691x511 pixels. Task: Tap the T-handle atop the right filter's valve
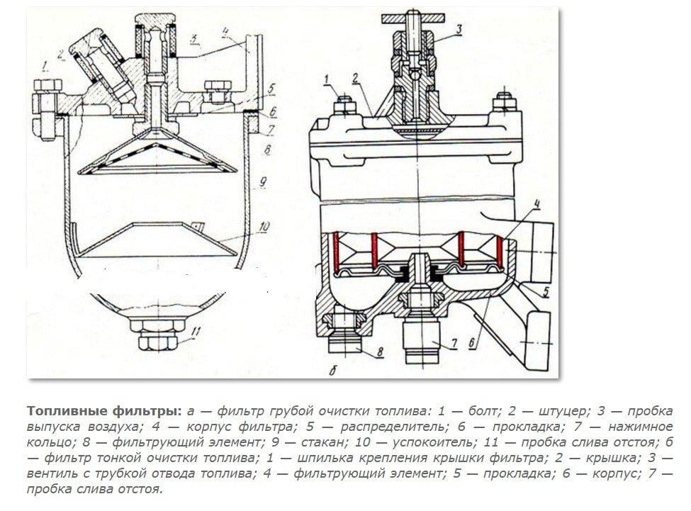(420, 16)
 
